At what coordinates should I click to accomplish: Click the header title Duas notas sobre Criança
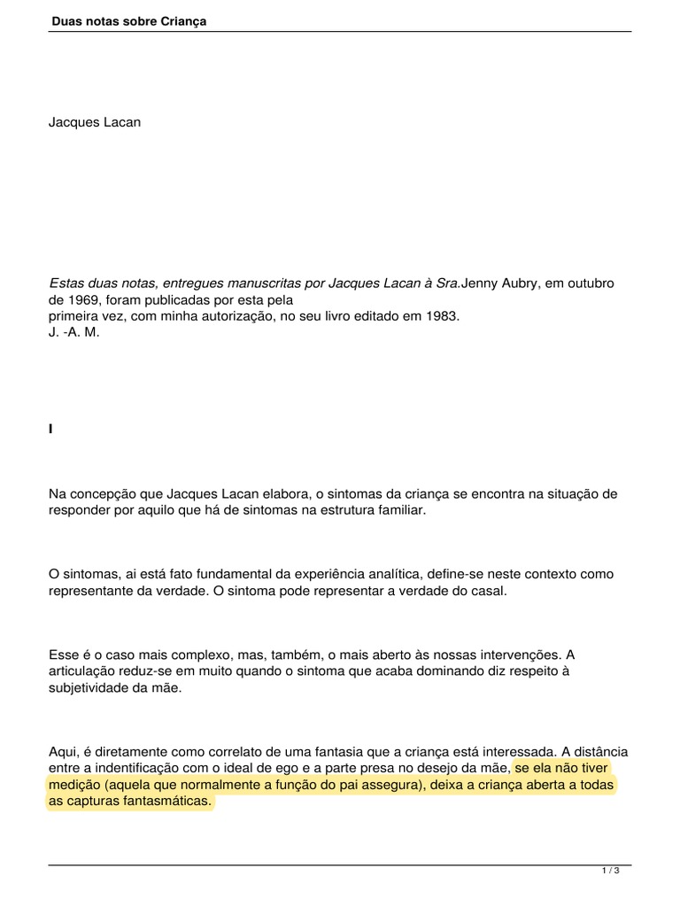[127, 20]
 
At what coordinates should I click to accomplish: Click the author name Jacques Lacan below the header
[95, 122]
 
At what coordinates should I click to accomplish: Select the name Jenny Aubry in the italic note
[500, 283]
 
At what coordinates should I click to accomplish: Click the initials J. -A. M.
[74, 330]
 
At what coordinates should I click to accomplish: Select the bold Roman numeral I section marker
[51, 429]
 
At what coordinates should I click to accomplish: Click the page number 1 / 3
[610, 871]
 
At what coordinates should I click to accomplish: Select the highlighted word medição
[74, 784]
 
